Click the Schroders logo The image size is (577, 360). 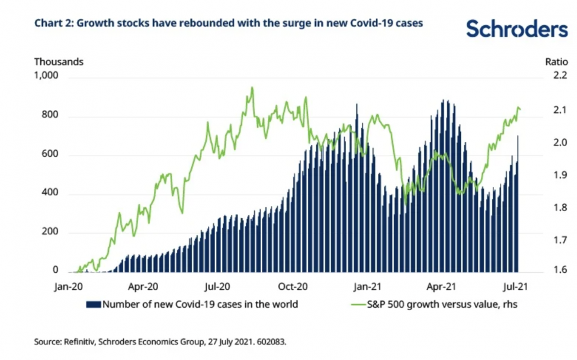pyautogui.click(x=516, y=28)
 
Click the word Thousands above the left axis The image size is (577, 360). pyautogui.click(x=58, y=61)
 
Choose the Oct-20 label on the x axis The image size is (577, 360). pyautogui.click(x=294, y=287)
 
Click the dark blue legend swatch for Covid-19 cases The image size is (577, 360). pyautogui.click(x=94, y=304)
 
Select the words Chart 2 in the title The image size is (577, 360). pyautogui.click(x=53, y=23)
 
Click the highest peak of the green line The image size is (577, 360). pyautogui.click(x=252, y=87)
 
